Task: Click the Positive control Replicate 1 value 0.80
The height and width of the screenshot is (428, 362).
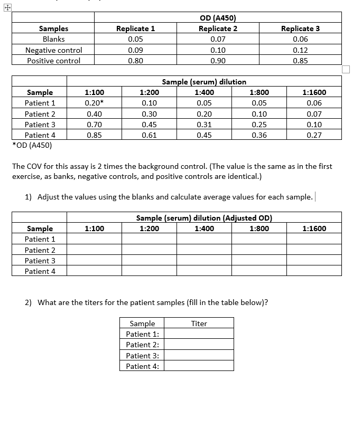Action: (x=135, y=61)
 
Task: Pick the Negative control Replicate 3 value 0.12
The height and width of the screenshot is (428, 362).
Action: (x=300, y=50)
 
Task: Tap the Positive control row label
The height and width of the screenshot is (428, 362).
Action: (x=54, y=61)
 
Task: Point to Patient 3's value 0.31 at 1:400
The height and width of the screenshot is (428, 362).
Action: (x=204, y=125)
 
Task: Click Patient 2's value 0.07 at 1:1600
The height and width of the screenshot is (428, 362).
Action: (x=314, y=114)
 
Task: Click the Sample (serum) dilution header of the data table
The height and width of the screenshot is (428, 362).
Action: (x=204, y=82)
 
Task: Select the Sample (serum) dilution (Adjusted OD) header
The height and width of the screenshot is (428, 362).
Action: (x=204, y=217)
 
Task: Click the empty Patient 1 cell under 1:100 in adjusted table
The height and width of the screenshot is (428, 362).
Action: (x=94, y=239)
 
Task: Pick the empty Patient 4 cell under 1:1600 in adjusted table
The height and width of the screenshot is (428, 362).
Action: (x=314, y=271)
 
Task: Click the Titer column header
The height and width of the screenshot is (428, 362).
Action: (x=199, y=324)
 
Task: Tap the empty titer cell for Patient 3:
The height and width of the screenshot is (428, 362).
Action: (x=199, y=356)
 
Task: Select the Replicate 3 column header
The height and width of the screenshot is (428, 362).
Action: (x=300, y=28)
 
